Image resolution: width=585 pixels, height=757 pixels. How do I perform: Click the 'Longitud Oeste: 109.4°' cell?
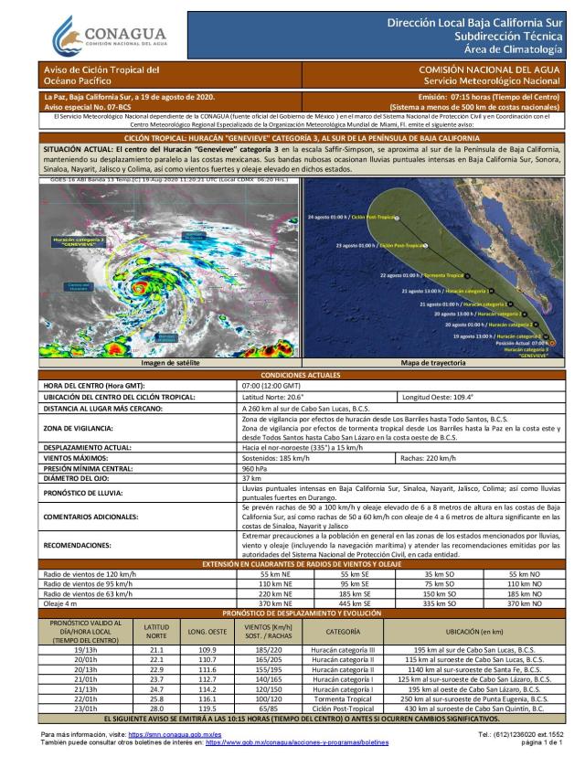(x=444, y=397)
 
